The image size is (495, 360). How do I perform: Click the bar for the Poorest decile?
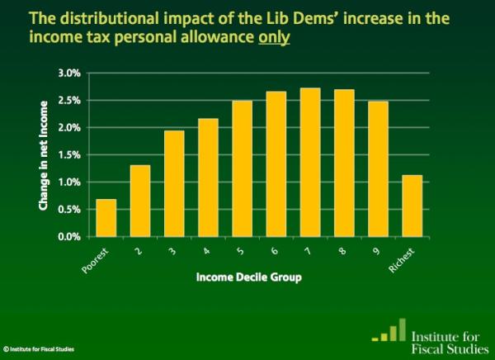coord(106,218)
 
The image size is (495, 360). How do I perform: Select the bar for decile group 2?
coord(141,201)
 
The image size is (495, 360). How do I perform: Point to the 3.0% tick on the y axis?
coord(68,73)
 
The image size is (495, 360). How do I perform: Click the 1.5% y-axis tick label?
coord(68,154)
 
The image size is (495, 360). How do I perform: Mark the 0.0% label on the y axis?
coord(68,236)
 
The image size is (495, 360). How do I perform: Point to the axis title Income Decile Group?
coord(247,278)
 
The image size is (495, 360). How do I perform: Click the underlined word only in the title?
coord(275,37)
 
